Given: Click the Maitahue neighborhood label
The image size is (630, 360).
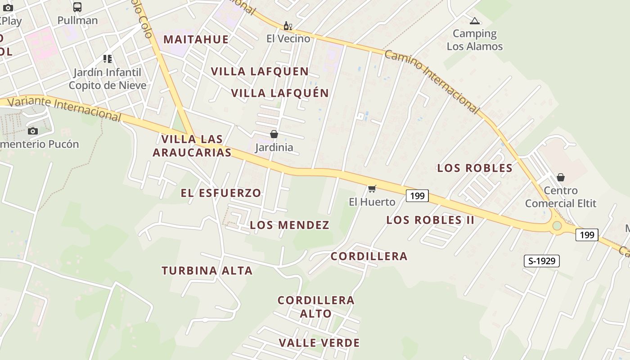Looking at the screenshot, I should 196,39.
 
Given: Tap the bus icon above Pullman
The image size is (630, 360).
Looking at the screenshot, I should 77,7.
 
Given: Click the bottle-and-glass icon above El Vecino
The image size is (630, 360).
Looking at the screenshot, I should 288,26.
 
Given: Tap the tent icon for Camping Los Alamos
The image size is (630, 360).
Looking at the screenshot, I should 474,21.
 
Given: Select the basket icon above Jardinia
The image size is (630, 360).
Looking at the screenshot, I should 274,134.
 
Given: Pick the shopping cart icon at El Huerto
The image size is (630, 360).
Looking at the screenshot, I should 372,189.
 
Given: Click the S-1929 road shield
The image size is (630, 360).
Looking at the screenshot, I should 541,261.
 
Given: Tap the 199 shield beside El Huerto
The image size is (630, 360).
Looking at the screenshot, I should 417,196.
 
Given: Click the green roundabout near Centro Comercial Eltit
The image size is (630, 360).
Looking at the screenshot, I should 557,225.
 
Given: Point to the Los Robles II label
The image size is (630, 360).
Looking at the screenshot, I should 430,220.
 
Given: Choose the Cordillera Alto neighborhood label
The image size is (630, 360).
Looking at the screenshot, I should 316,307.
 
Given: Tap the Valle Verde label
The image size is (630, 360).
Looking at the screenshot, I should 319,343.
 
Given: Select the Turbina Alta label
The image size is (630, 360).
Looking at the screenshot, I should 207,270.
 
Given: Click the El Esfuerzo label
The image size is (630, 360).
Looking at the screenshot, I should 221,193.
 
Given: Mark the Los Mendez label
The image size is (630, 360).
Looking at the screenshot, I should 290,225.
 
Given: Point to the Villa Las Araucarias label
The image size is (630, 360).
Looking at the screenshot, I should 192,146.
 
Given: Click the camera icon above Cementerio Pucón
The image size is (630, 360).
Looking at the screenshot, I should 32,131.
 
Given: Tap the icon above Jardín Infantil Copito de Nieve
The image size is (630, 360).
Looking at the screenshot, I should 107,59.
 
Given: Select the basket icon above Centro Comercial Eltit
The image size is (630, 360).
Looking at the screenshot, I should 561,177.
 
